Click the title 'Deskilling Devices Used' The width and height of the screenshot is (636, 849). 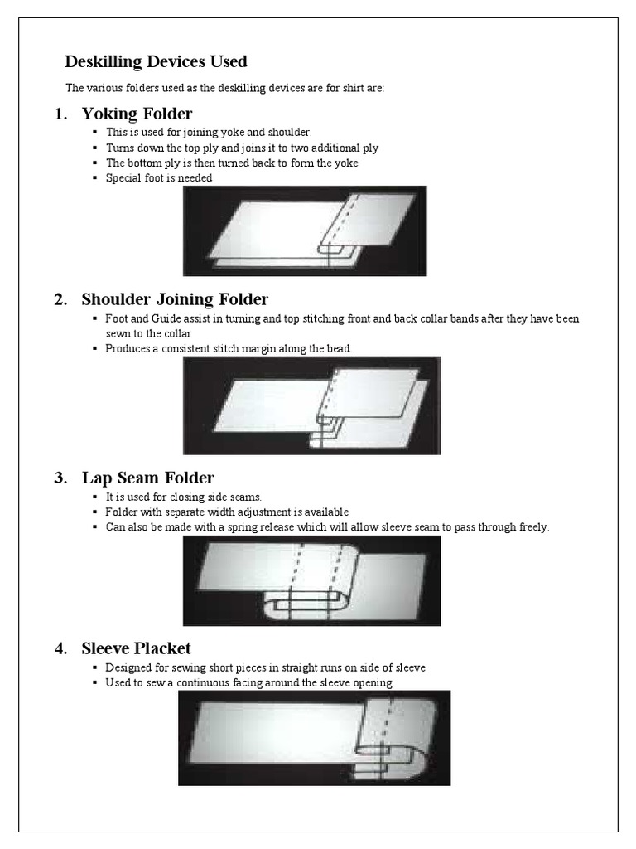156,62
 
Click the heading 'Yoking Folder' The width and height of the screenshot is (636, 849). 137,114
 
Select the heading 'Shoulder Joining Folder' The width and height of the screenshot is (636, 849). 175,299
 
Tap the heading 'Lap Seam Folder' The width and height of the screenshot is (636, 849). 147,478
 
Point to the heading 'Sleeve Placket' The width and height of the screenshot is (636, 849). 136,648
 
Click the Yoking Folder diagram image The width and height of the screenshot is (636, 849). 305,230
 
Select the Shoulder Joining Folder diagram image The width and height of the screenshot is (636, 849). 311,405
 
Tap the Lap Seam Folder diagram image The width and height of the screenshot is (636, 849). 311,580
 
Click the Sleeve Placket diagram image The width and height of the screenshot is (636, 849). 314,738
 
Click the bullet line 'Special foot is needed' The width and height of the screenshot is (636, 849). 159,178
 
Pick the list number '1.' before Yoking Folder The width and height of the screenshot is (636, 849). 60,114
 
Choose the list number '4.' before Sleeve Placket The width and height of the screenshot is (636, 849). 60,648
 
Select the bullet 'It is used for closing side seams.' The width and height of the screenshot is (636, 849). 183,497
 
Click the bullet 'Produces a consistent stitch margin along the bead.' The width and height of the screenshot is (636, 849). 229,348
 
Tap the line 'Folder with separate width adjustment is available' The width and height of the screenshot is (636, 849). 227,512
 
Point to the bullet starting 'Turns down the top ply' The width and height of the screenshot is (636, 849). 242,148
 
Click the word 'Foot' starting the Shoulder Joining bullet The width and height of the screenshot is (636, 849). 116,318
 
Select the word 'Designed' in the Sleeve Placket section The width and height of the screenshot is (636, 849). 127,667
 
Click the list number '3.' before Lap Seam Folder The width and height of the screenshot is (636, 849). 60,478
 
